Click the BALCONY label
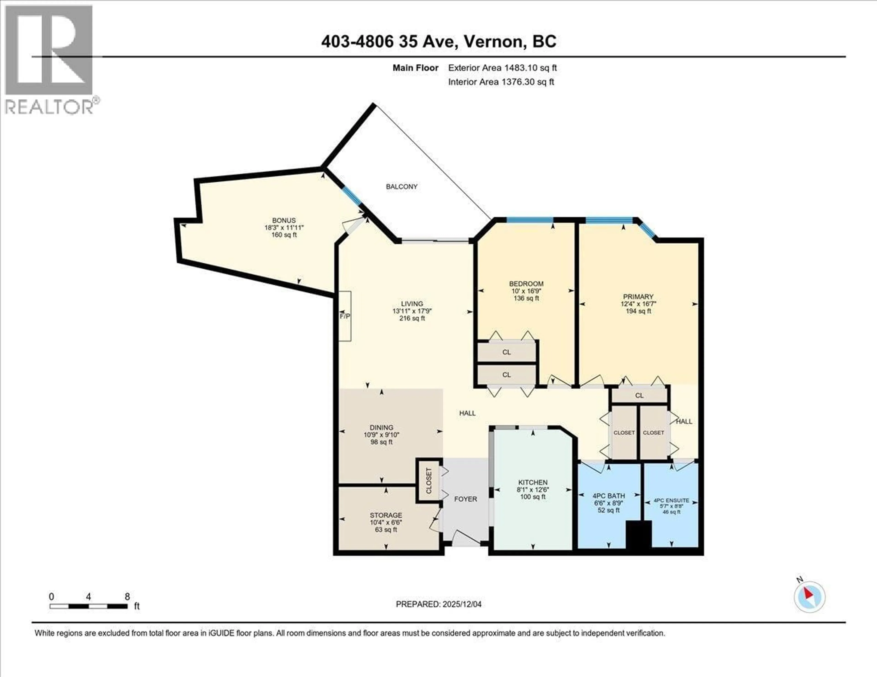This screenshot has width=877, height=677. (x=402, y=187)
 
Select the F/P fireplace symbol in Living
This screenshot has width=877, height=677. (x=345, y=316)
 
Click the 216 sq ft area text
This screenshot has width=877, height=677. (x=412, y=318)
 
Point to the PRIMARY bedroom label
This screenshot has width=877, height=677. (x=638, y=297)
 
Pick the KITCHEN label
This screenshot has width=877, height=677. (x=533, y=482)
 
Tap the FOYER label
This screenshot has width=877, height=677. (x=465, y=499)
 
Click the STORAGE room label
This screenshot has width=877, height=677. (x=386, y=515)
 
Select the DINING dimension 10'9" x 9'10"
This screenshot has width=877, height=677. (x=381, y=435)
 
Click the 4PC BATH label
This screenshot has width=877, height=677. (x=609, y=496)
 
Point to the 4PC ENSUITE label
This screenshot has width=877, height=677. (x=671, y=500)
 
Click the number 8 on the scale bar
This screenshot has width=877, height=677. (x=127, y=596)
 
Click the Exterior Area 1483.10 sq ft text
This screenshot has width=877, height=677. (x=502, y=68)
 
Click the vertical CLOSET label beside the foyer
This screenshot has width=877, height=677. (x=428, y=481)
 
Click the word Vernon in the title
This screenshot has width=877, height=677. (x=494, y=42)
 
